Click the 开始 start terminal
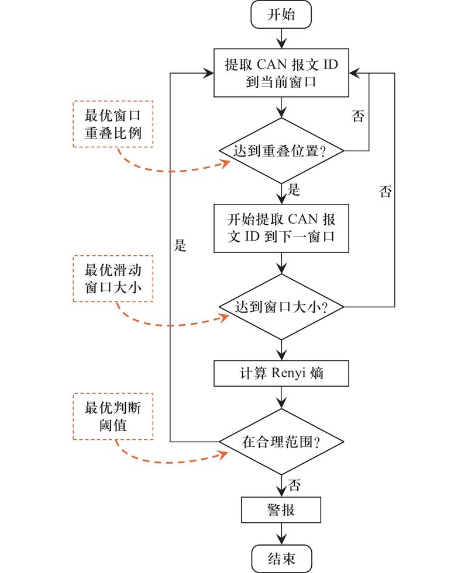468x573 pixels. click(x=281, y=15)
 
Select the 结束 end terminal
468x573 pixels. click(x=281, y=559)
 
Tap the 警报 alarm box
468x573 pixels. click(x=281, y=511)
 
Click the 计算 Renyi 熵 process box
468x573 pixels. click(x=281, y=373)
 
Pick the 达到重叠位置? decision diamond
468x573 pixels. click(x=281, y=151)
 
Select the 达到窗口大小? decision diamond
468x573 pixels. click(x=281, y=307)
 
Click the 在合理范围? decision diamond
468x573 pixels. click(x=281, y=442)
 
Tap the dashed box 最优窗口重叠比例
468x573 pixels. click(x=113, y=124)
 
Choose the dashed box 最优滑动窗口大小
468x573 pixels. click(x=113, y=279)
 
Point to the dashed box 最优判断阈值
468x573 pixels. click(x=113, y=415)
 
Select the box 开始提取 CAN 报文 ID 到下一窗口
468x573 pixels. click(x=281, y=228)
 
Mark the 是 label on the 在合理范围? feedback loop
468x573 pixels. click(x=180, y=246)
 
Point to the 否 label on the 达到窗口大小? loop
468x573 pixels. click(x=385, y=192)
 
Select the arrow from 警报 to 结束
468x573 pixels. click(x=281, y=534)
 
